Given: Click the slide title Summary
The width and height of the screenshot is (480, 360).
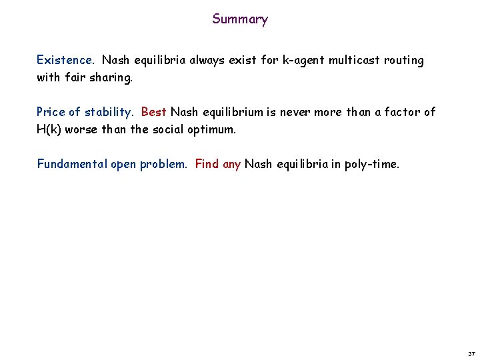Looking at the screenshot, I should pos(240,19).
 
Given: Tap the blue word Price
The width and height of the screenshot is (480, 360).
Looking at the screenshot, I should pos(51,112).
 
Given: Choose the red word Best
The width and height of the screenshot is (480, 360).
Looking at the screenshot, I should pos(154,112).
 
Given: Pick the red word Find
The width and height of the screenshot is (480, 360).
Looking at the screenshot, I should pos(207,164).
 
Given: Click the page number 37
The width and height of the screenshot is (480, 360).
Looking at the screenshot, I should pos(471,353).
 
